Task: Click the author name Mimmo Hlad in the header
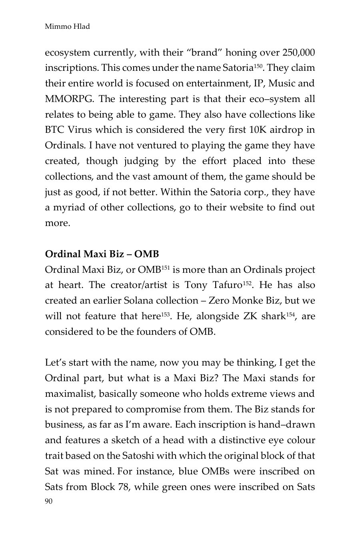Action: [67, 27]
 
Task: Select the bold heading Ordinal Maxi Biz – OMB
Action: [102, 254]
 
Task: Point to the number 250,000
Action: [298, 52]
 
